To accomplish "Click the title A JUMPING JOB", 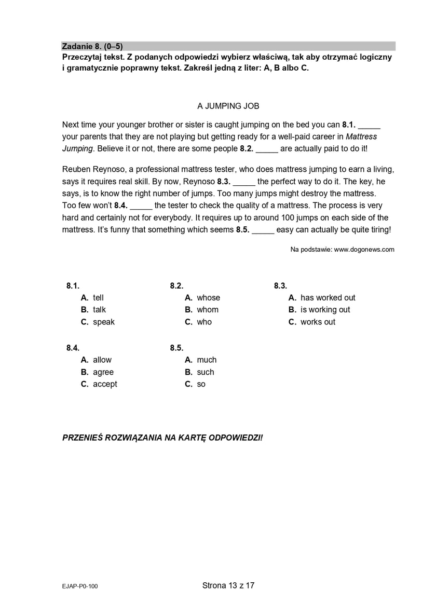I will [228, 106].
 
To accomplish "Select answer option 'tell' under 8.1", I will [98, 297].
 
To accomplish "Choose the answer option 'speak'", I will [103, 322].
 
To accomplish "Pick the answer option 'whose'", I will [208, 297].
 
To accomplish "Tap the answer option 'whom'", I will [208, 309].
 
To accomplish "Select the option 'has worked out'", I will [328, 297].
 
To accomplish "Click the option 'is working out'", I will [325, 309].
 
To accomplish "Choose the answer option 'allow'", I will [102, 360].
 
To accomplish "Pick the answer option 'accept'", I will [105, 384].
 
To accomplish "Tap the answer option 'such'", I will [205, 372].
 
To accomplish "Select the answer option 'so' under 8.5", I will [201, 384].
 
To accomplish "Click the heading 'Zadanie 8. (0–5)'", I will [92, 46].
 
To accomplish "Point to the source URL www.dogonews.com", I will [364, 250].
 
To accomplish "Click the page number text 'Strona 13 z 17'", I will [228, 585].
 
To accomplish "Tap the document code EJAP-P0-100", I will [79, 586].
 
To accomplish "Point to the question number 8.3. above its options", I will [280, 285].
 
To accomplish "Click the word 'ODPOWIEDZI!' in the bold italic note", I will [236, 437].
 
